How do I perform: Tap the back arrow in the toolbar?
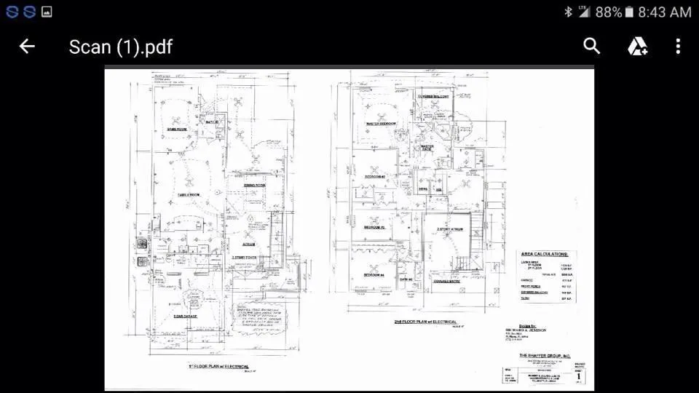tap(27, 47)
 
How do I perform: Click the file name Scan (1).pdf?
tap(121, 47)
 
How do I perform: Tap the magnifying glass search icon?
tap(592, 46)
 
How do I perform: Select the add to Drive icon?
tap(638, 47)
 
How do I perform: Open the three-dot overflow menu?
tap(678, 47)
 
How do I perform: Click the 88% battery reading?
tap(609, 12)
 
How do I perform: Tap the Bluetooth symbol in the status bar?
tap(568, 12)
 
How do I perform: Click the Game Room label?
tap(178, 130)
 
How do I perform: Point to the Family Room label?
tap(189, 195)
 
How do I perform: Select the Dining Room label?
tap(254, 186)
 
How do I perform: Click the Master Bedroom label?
tap(380, 124)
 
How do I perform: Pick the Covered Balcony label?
tap(434, 97)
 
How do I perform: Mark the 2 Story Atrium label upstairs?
tap(451, 229)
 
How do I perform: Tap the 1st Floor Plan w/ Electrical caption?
tap(219, 367)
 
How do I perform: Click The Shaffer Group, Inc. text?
tap(546, 355)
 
